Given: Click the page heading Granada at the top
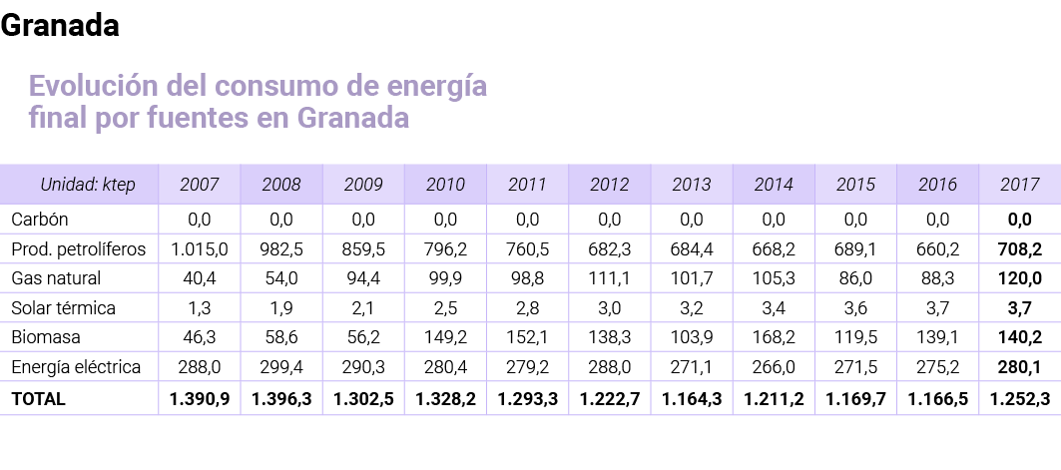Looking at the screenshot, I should tap(60, 27).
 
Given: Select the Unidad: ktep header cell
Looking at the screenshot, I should tap(87, 185).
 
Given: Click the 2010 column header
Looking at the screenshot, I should tap(445, 185).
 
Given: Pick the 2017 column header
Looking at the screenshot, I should tap(1019, 185).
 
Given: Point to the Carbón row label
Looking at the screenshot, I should tap(39, 219).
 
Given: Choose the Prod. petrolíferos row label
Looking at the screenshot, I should tap(78, 248).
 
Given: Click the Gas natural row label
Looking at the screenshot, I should tap(56, 277).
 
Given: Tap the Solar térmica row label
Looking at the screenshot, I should tap(63, 308).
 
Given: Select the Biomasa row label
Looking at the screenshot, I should tap(46, 338).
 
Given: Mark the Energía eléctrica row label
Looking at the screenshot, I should tap(76, 368).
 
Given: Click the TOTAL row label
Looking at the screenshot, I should tap(38, 399).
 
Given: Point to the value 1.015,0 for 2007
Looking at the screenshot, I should tap(200, 248).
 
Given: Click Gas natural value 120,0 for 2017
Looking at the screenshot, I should tap(1019, 277).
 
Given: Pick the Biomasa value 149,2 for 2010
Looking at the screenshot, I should tap(445, 338).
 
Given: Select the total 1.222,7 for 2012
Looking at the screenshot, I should tap(609, 399).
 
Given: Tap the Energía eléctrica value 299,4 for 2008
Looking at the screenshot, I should tap(281, 368).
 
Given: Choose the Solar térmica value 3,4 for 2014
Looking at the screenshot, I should tap(773, 308).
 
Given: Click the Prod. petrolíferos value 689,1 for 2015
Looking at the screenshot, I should tap(855, 248).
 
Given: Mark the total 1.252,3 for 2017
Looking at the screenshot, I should tap(1019, 399).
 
